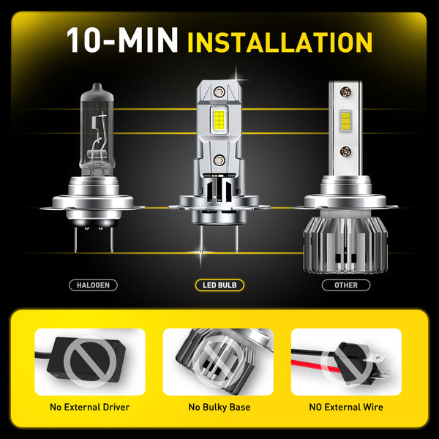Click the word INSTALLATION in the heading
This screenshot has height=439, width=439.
[x=279, y=42]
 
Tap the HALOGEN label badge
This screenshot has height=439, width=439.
[x=92, y=285]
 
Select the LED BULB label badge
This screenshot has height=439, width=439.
[x=219, y=285]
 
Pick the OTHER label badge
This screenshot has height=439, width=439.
[x=346, y=285]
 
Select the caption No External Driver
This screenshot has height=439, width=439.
[x=90, y=407]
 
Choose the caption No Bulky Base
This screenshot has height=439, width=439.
[x=219, y=407]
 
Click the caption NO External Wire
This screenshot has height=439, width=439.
[x=346, y=407]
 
